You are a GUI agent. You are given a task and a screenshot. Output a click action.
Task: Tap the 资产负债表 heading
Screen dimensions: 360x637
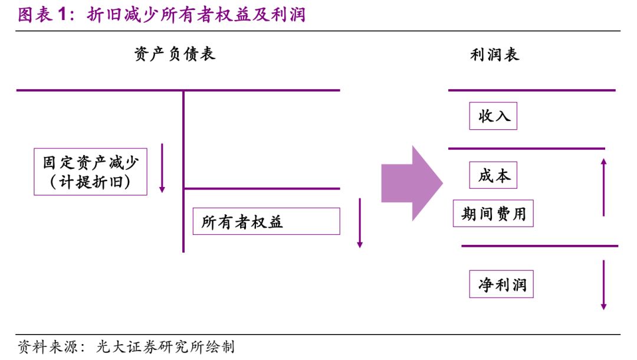coord(175,54)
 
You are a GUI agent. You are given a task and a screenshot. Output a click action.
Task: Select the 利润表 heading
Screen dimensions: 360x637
coord(494,55)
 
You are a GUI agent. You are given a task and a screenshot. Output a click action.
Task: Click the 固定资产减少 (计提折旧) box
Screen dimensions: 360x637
coord(90,171)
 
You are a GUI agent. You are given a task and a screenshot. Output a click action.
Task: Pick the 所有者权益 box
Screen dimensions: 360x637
coord(266,221)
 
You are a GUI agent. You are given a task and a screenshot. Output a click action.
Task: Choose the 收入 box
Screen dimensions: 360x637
coord(493,116)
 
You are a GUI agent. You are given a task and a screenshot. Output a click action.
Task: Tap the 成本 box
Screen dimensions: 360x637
coord(493,175)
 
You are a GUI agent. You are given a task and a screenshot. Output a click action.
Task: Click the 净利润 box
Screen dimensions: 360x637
coord(501,284)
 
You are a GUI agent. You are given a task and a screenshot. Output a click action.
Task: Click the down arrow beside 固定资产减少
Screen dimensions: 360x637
coord(162,168)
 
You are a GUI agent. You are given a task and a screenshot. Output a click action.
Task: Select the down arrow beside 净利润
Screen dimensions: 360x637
coord(603,284)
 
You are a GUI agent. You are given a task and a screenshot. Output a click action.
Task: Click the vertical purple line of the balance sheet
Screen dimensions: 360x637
coord(183,171)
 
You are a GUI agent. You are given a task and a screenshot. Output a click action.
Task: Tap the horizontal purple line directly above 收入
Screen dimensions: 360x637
coord(531,90)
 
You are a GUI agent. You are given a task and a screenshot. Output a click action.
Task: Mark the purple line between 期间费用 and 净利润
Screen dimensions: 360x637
coord(539,246)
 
